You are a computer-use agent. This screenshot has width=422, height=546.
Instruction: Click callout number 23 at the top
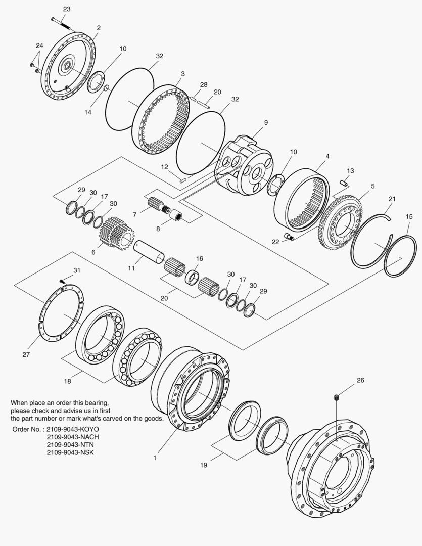click(67, 9)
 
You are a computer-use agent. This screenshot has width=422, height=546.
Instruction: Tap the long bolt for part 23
click(61, 21)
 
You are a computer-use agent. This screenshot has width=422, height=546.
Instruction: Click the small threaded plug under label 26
click(337, 399)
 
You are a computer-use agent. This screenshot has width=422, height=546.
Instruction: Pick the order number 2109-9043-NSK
click(70, 452)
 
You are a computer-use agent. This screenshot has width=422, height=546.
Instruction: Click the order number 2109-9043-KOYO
click(72, 429)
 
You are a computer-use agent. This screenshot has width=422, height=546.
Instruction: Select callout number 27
click(26, 354)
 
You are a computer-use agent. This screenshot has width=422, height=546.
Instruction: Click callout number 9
click(266, 122)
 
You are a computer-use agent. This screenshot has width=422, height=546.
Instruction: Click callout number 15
click(409, 216)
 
